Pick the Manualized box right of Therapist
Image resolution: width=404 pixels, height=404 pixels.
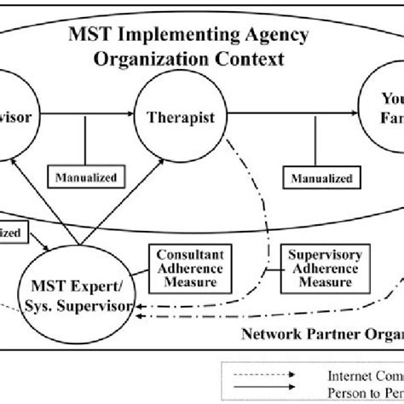pos(315,180)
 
